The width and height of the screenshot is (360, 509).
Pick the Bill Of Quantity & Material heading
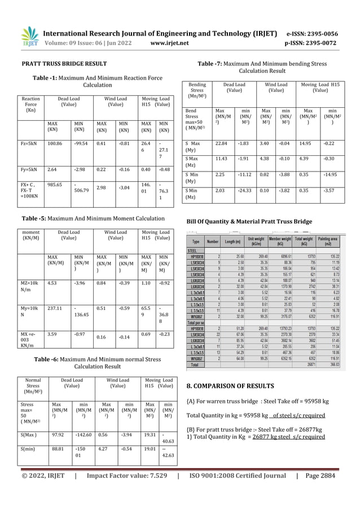pos(248,222)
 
